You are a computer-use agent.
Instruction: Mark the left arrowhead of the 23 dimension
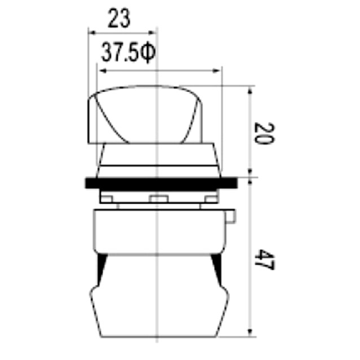coord(90,33)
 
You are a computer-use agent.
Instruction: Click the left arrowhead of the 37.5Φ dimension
coord(102,71)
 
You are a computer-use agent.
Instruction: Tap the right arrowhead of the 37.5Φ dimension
coord(217,71)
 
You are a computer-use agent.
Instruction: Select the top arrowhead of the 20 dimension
coord(249,91)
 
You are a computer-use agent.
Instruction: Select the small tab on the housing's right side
coord(231,217)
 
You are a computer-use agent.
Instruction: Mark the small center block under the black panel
coord(159,198)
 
